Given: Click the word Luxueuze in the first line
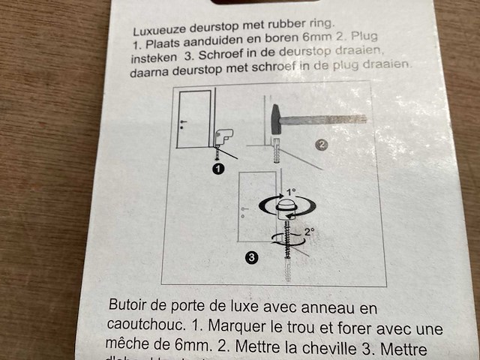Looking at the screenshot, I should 158,32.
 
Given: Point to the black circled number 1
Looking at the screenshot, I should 218,169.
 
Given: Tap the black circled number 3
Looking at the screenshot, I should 252,257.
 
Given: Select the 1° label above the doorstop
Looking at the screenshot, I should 291,192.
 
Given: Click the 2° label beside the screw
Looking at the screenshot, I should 309,232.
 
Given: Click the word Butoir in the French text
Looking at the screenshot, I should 129,307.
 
